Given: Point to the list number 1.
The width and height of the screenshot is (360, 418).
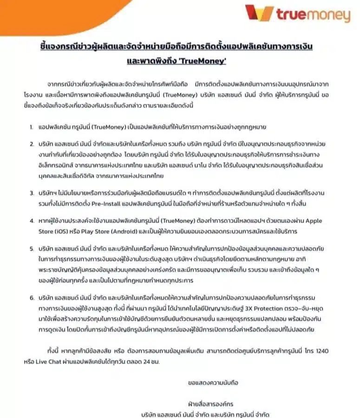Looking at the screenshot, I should click(31, 126).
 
